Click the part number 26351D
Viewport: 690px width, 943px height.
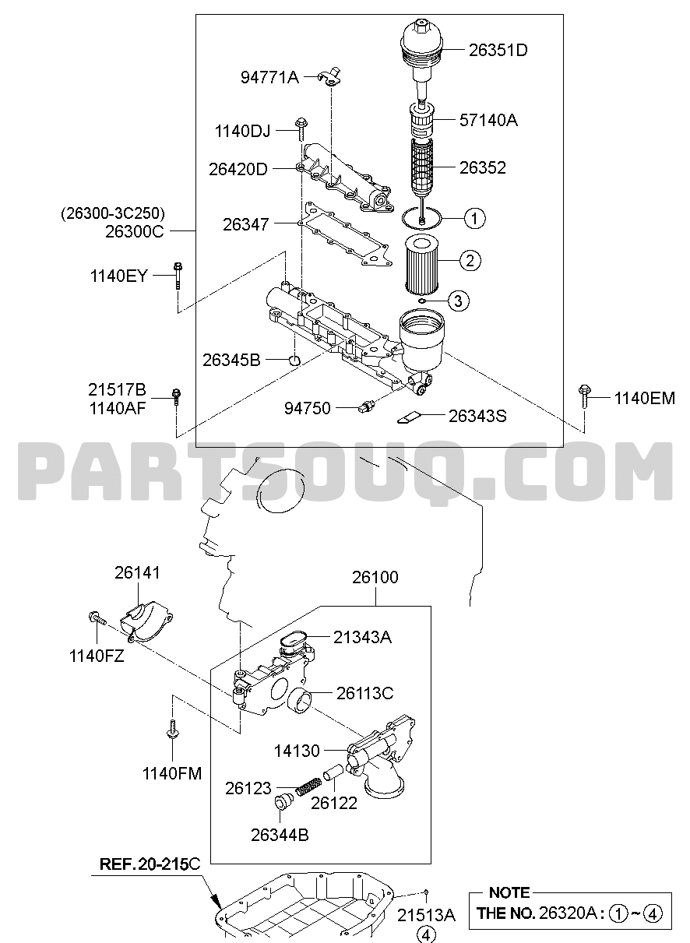498,51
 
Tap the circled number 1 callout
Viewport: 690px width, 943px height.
474,218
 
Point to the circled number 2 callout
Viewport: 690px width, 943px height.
470,260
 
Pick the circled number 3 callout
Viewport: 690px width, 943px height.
458,301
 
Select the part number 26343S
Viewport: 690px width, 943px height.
477,416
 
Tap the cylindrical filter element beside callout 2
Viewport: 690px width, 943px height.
423,265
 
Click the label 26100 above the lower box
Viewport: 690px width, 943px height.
375,577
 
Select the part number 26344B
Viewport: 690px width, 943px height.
280,835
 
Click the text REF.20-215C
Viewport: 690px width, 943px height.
150,864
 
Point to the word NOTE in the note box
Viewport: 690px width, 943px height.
509,892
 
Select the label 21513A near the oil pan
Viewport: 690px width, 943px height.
425,915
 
